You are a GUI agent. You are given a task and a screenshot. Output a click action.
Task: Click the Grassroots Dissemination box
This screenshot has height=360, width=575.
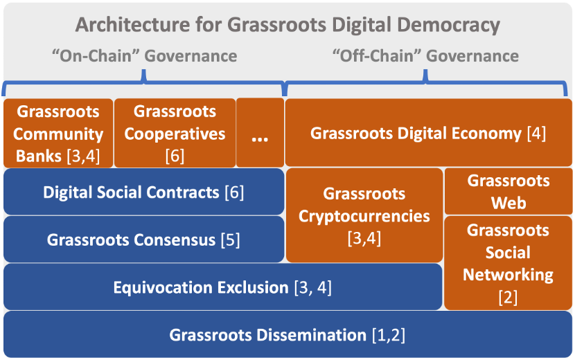point(287,334)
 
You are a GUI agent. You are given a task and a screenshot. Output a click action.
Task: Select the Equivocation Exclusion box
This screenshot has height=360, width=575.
point(222,287)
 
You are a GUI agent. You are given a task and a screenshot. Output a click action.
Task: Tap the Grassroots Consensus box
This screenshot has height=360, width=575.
point(144,240)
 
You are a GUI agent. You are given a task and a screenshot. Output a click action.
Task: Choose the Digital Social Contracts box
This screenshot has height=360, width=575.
point(144,192)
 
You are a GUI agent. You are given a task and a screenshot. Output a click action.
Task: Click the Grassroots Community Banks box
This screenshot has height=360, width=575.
point(58,133)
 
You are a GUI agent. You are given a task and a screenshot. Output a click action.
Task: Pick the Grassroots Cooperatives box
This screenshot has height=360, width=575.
point(175,133)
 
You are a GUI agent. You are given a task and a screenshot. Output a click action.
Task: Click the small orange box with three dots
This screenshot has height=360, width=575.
point(260,133)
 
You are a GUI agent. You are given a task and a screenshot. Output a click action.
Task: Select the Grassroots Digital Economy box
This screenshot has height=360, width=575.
point(429,133)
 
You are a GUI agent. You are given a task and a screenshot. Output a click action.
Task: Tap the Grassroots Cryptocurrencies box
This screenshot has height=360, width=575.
point(364,215)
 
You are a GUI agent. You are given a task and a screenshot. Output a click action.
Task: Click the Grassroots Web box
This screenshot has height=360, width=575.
point(508,191)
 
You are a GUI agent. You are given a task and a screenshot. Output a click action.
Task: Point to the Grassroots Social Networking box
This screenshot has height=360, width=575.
point(508,263)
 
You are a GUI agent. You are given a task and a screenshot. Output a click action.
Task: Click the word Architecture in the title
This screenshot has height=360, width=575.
point(132,25)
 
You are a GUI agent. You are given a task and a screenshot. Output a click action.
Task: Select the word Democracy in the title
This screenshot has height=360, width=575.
point(448,25)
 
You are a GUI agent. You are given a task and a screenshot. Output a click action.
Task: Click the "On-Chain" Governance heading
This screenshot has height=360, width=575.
point(145,56)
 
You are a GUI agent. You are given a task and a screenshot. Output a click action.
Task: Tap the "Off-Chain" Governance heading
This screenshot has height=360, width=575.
point(426,56)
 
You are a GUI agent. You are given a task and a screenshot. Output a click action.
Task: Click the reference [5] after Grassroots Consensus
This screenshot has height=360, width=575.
point(230,240)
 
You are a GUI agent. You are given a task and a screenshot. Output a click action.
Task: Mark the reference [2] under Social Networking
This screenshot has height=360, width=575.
point(508,297)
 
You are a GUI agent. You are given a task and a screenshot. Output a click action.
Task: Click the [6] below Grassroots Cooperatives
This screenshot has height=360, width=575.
point(175,156)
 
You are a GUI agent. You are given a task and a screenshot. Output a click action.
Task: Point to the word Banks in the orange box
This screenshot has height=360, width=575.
point(39,156)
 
